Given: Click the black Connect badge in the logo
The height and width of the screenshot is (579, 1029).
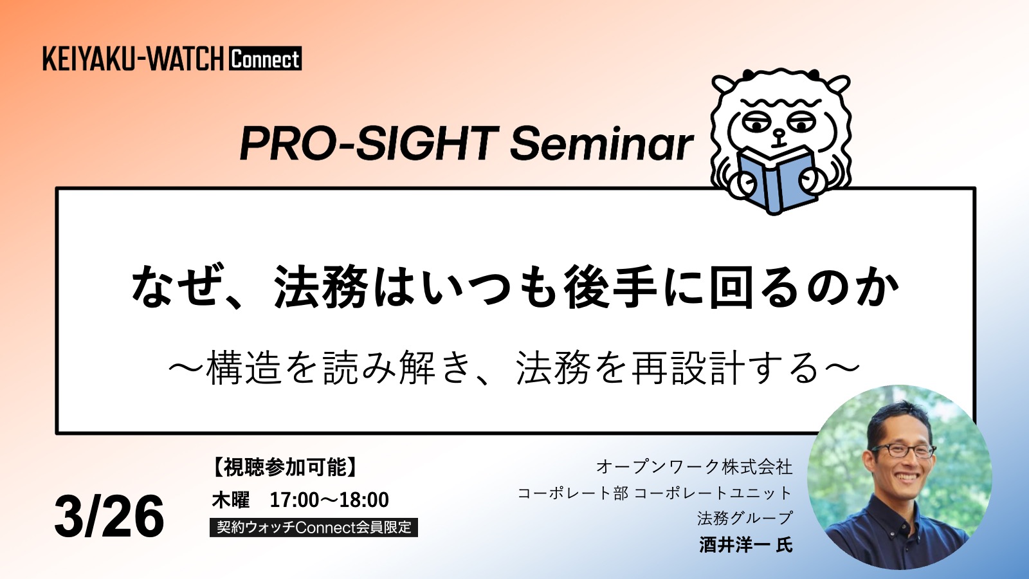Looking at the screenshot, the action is [265, 59].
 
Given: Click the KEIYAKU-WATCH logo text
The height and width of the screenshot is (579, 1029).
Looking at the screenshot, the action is [133, 59].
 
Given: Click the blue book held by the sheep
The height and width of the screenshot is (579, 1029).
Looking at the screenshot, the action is [776, 179].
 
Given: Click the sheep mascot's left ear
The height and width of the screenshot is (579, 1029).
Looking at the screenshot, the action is [725, 86].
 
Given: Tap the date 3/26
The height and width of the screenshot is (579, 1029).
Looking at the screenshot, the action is [109, 516].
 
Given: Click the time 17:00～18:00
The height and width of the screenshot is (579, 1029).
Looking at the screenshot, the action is [329, 500].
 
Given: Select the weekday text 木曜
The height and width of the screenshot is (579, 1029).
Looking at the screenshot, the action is [231, 500].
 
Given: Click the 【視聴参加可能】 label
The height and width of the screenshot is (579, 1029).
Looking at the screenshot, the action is [285, 468].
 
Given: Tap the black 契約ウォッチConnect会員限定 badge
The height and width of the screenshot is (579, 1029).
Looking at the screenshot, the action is [314, 527].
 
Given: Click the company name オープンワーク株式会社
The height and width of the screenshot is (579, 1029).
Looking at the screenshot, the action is [694, 467].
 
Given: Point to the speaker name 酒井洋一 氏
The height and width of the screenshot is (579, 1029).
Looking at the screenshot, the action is [745, 545].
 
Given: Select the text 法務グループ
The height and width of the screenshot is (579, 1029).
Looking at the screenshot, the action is [745, 519].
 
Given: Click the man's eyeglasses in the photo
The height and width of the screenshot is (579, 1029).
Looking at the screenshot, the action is [904, 450].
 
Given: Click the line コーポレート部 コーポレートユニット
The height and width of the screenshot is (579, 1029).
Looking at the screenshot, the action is [655, 493].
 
